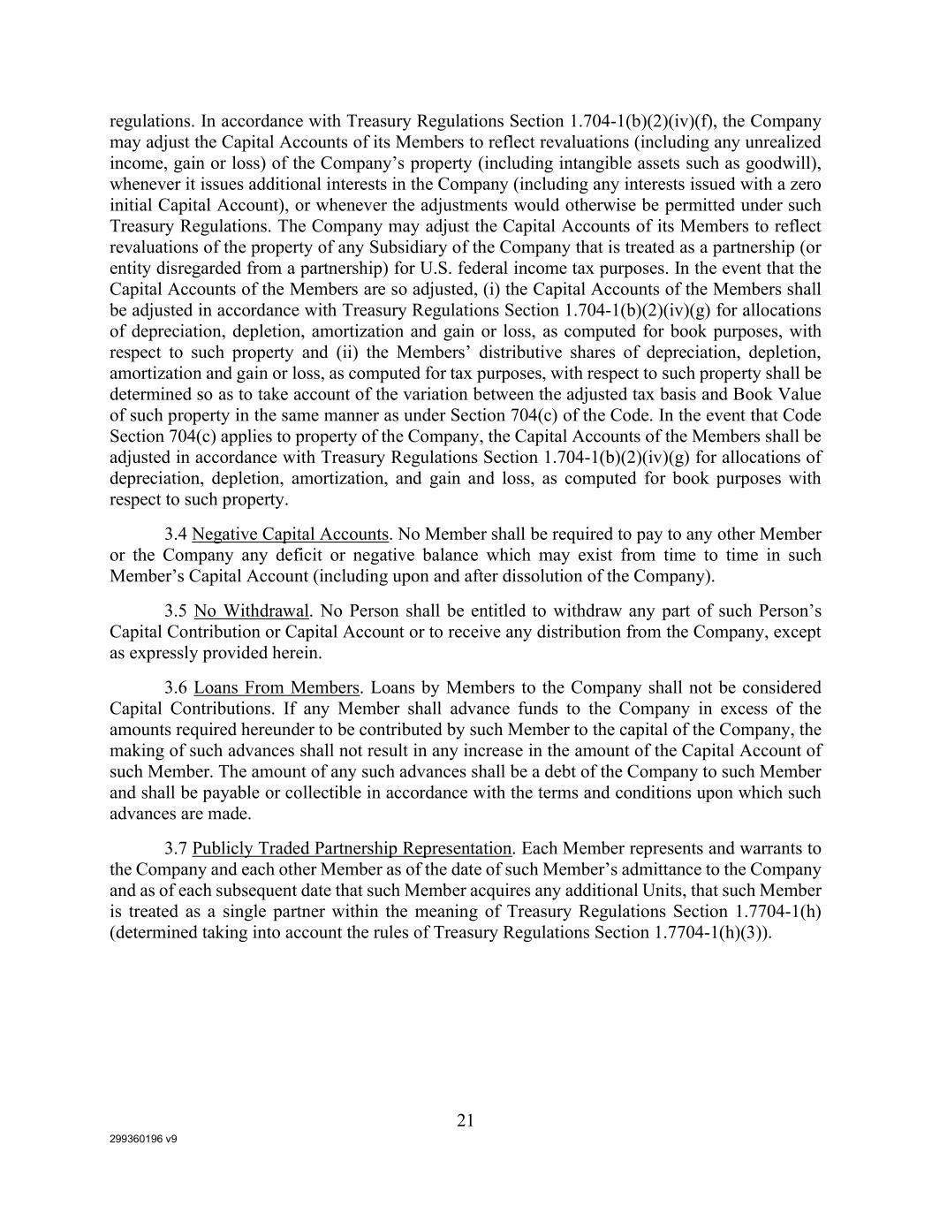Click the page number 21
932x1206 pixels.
point(466,1120)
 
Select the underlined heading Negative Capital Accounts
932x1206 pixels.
point(290,535)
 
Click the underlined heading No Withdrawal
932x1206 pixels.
point(252,611)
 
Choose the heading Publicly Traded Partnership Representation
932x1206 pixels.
point(352,849)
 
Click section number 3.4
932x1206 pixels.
point(176,535)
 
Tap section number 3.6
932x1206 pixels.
point(176,687)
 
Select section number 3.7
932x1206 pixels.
point(176,849)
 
